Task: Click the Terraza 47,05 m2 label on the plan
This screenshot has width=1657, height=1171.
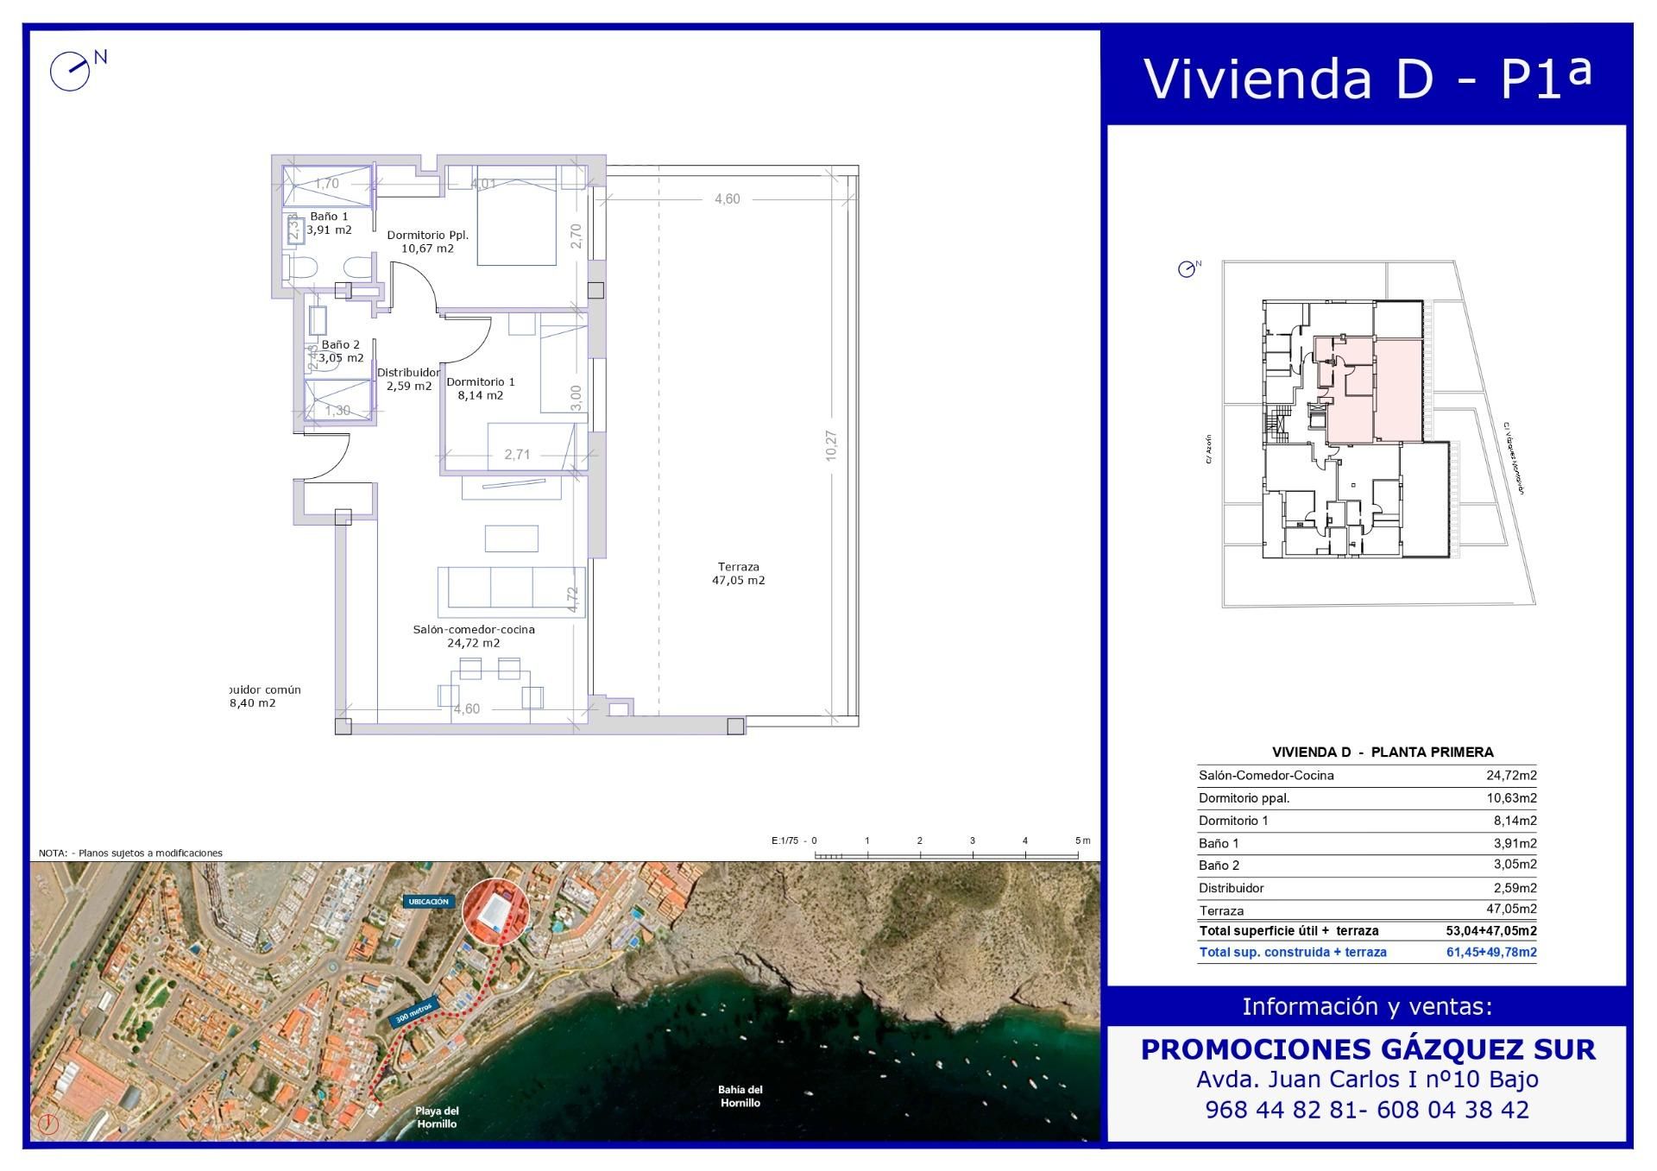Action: (738, 574)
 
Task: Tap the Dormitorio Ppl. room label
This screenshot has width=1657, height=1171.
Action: (427, 242)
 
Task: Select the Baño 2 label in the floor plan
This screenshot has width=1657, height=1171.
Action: (341, 351)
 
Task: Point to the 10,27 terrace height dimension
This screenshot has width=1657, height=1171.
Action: (831, 445)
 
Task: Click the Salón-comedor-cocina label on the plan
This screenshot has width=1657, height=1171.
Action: (473, 636)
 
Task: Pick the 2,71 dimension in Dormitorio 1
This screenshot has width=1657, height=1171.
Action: (517, 455)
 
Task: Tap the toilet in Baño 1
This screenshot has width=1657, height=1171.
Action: (303, 268)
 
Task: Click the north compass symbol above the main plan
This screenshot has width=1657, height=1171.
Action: (71, 71)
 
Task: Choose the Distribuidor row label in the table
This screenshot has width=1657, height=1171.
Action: (1232, 888)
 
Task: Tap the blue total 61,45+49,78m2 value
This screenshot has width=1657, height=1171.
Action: (1490, 953)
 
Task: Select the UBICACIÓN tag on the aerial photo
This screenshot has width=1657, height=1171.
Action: (428, 902)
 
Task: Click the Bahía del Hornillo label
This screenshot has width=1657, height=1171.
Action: (740, 1096)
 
